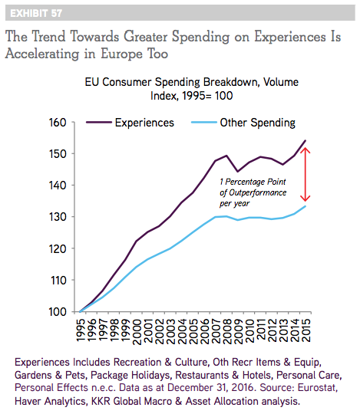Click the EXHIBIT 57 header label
(36, 13)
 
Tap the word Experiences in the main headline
(290, 38)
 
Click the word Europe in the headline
(121, 54)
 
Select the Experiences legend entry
(130, 123)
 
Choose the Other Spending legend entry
(243, 123)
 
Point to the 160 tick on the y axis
(58, 123)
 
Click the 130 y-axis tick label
(58, 217)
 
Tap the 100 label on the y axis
(58, 312)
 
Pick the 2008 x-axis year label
(227, 332)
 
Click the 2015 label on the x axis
(306, 330)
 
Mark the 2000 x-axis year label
(137, 332)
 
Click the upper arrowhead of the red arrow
(306, 149)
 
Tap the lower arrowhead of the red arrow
(306, 199)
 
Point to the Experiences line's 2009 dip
(238, 172)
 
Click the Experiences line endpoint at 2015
(306, 140)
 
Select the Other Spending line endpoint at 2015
(306, 206)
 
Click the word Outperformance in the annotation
(257, 192)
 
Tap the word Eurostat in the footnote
(318, 388)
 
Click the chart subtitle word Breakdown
(230, 82)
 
